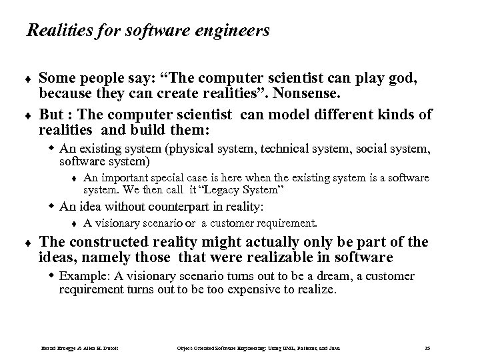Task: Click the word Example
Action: pyautogui.click(x=81, y=277)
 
